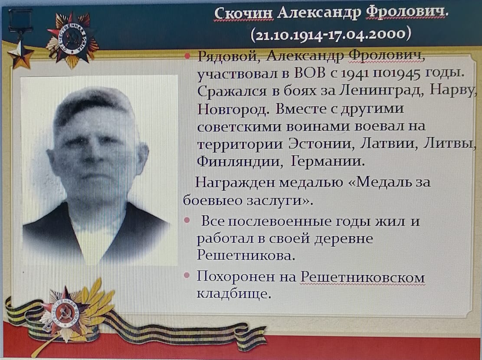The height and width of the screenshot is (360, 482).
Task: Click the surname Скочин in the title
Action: pyautogui.click(x=243, y=13)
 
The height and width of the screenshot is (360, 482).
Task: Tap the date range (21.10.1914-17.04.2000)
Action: pyautogui.click(x=331, y=34)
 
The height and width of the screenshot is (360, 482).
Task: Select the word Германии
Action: pyautogui.click(x=328, y=161)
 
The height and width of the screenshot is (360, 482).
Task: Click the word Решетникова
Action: pyautogui.click(x=246, y=255)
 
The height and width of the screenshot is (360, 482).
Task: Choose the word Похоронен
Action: pyautogui.click(x=236, y=277)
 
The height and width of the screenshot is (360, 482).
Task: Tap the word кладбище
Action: pyautogui.click(x=234, y=293)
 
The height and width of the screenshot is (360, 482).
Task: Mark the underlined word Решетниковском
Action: pyautogui.click(x=362, y=278)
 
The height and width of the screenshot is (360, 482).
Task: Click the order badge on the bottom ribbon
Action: pyautogui.click(x=65, y=314)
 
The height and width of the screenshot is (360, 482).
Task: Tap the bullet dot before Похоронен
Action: pyautogui.click(x=187, y=275)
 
